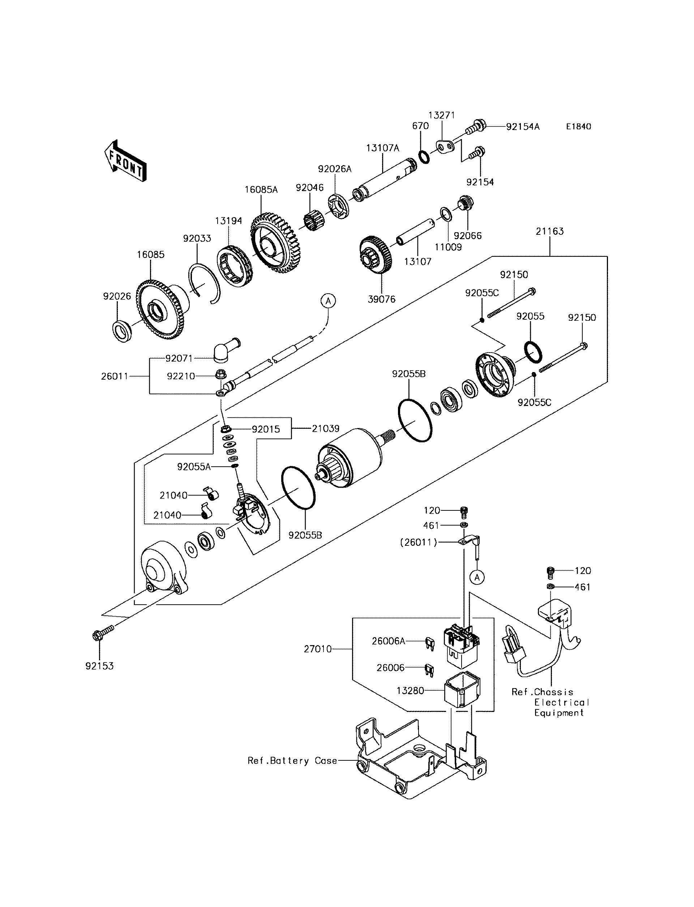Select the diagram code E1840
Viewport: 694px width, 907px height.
[578, 127]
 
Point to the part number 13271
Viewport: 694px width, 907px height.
[441, 115]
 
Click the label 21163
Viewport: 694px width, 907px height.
[549, 231]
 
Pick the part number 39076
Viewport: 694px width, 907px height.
[381, 299]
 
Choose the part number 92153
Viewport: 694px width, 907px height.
[99, 666]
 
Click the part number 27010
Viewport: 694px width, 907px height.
[318, 649]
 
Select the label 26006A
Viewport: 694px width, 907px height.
[388, 641]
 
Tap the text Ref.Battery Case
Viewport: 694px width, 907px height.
[292, 760]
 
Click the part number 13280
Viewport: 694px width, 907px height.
[410, 690]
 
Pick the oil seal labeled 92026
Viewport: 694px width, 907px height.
[122, 331]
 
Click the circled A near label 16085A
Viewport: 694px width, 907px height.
[328, 301]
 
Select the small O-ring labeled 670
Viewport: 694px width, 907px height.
[423, 157]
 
